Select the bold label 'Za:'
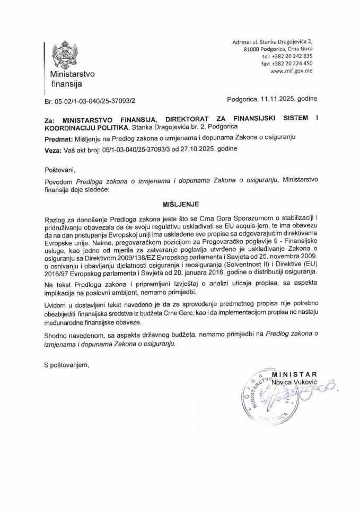tap(50, 120)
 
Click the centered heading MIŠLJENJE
tap(179, 203)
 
